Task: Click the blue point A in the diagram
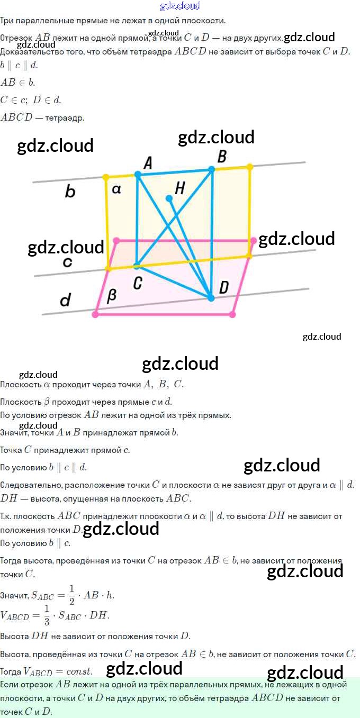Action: (138, 174)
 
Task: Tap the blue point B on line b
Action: (211, 169)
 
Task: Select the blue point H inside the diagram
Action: (169, 198)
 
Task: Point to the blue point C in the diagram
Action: (137, 266)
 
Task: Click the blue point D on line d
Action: (211, 298)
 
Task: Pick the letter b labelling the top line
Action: (70, 192)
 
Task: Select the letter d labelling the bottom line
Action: (65, 301)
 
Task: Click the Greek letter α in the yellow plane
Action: (117, 189)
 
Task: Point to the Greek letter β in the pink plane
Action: (112, 296)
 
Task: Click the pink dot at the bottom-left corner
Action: (95, 314)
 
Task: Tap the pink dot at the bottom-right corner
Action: (232, 314)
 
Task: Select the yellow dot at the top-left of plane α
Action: (106, 177)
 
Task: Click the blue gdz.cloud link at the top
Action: (180, 6)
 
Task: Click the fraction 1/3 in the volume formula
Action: (47, 615)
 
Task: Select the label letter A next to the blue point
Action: (148, 163)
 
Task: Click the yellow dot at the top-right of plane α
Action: (250, 166)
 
